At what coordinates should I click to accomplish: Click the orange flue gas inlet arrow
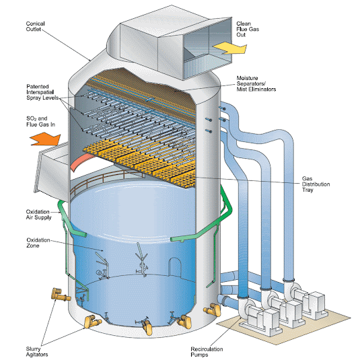(46, 139)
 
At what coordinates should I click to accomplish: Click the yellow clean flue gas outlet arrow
(230, 48)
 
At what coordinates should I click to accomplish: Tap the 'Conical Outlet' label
(36, 26)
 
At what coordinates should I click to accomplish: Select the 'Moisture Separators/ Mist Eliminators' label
(256, 83)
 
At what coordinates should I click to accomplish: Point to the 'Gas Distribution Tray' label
(316, 184)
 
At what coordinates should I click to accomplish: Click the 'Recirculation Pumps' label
(207, 352)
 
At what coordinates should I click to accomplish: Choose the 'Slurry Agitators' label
(37, 352)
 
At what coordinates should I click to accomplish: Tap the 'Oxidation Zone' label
(38, 243)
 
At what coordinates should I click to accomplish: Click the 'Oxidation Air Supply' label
(38, 215)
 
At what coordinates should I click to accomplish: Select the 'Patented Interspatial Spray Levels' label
(42, 92)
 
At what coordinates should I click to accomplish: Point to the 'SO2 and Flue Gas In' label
(40, 121)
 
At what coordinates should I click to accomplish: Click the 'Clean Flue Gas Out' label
(248, 29)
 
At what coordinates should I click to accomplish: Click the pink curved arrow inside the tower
(81, 162)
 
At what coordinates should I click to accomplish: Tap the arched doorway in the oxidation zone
(175, 267)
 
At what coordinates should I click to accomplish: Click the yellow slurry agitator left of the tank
(60, 295)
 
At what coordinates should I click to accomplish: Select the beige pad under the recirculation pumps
(284, 326)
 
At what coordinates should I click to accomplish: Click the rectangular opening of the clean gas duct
(207, 48)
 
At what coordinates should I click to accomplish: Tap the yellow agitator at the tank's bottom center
(147, 326)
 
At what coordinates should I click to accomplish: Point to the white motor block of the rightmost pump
(317, 303)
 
